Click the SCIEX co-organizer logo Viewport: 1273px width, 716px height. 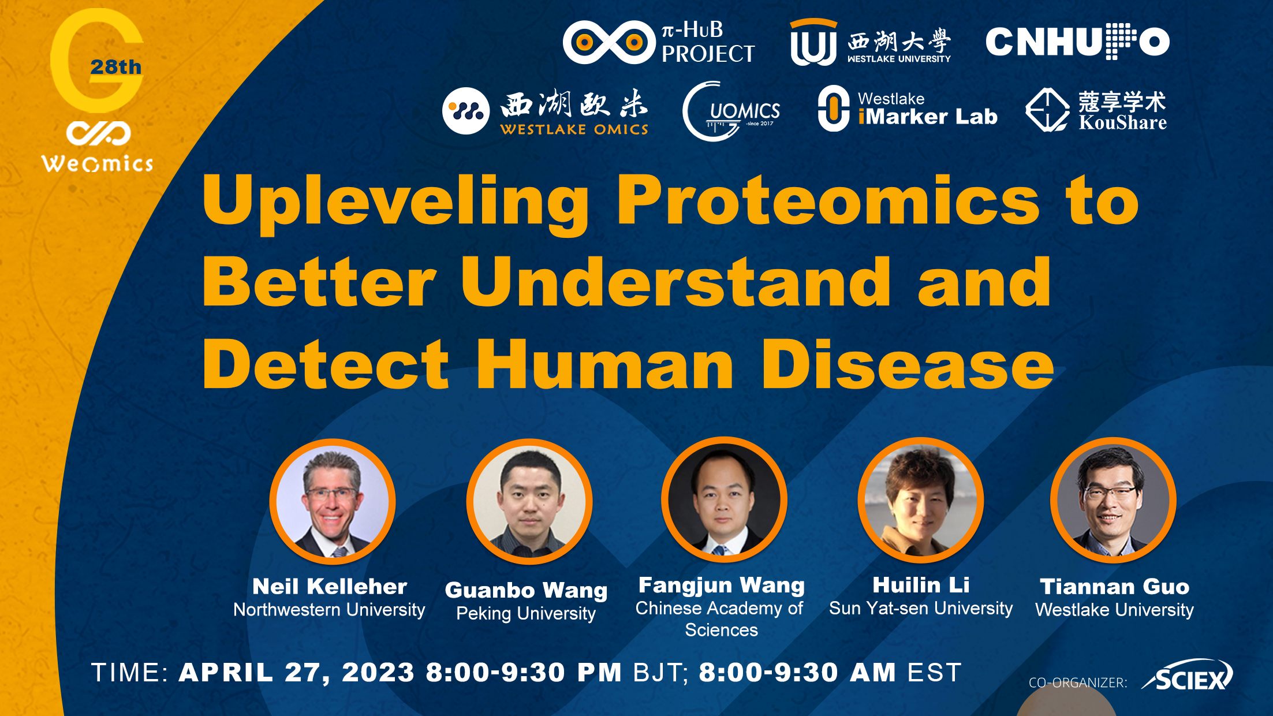pos(1188,676)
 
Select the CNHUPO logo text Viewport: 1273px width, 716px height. pos(1077,42)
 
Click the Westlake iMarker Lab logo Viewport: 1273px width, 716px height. pos(908,109)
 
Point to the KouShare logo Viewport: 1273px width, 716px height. pos(1096,110)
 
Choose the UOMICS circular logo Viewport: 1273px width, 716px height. pos(731,111)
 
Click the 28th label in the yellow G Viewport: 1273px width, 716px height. pos(116,67)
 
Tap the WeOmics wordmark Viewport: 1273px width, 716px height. pos(98,164)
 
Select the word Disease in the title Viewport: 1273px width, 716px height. pos(908,366)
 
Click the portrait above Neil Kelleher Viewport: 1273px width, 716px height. pos(333,501)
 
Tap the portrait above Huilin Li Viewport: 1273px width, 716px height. pos(921,500)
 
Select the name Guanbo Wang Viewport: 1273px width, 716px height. pos(526,591)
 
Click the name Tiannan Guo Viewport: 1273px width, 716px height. pos(1115,587)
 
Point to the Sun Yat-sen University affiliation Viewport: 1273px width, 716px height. pos(921,608)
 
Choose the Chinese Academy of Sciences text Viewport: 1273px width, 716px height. pos(721,618)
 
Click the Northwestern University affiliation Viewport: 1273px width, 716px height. pos(329,610)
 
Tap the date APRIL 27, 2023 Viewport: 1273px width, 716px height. pos(297,673)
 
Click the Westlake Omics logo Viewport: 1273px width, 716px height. pos(546,111)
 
